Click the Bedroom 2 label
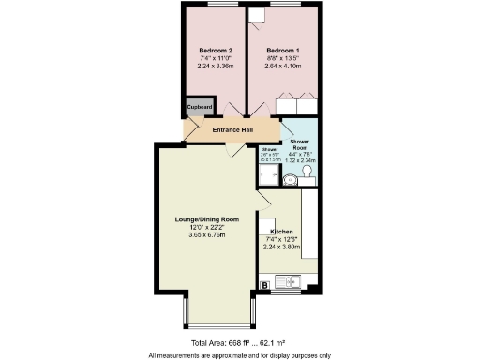pyautogui.click(x=216, y=50)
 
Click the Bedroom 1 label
pyautogui.click(x=282, y=50)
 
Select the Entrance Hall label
pyautogui.click(x=233, y=130)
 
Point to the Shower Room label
pyautogui.click(x=300, y=144)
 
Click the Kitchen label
pyautogui.click(x=282, y=231)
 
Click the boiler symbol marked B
pyautogui.click(x=265, y=283)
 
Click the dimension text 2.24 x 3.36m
pyautogui.click(x=216, y=67)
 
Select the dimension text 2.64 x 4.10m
pyautogui.click(x=282, y=67)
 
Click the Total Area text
pyautogui.click(x=239, y=343)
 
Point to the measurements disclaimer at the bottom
pyautogui.click(x=239, y=355)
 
